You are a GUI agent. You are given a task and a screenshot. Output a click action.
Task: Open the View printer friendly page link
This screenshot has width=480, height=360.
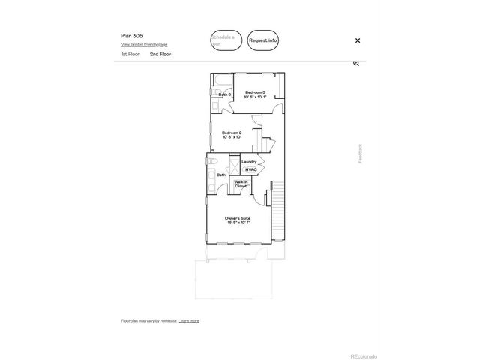point(144,44)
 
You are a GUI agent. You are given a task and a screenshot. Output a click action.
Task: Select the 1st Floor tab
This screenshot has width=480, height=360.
point(130,54)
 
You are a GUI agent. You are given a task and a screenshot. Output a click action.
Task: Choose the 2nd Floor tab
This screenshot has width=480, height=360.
point(158,54)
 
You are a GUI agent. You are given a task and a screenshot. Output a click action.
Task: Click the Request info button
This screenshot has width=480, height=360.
point(262,40)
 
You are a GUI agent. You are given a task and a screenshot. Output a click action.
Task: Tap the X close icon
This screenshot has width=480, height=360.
point(358,40)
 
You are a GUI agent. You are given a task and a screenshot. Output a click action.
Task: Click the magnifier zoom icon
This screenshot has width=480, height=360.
point(356,63)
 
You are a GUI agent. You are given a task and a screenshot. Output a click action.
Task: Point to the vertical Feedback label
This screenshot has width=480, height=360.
point(360,153)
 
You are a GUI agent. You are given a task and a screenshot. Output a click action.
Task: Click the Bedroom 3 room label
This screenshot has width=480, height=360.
point(255,91)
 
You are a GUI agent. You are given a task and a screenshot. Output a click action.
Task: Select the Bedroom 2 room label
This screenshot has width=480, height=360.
point(231,133)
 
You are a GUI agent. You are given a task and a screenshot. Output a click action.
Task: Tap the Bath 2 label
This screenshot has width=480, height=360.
point(224,94)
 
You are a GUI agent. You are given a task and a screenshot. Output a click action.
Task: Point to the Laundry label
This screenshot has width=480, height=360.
point(250,161)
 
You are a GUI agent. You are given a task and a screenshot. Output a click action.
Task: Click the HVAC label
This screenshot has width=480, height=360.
point(250,169)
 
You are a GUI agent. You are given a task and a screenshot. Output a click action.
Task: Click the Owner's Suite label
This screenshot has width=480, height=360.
point(237,218)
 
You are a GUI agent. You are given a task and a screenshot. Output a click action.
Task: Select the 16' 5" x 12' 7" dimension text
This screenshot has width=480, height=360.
point(238,223)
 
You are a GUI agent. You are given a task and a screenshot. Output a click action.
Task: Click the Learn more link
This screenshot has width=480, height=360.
point(189,320)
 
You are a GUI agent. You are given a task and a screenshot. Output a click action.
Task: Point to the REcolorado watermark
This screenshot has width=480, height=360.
point(364,355)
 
